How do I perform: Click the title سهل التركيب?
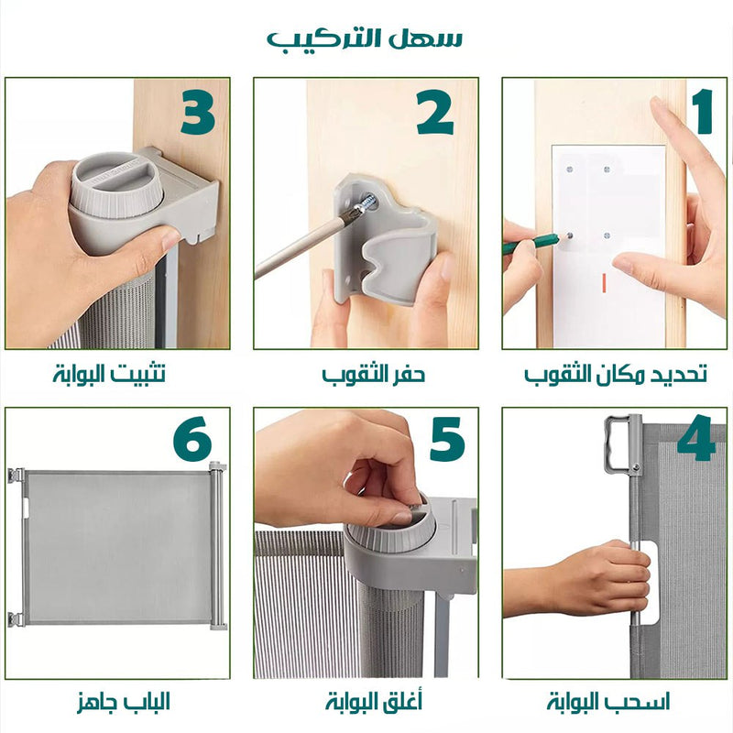click(x=365, y=38)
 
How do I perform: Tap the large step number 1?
click(x=703, y=111)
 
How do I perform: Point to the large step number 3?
click(x=198, y=112)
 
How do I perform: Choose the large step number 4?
click(x=696, y=438)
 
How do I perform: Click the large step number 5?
click(x=447, y=440)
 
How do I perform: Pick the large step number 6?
click(x=192, y=439)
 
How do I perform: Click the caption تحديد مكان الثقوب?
click(x=615, y=375)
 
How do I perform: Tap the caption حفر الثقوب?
click(x=373, y=375)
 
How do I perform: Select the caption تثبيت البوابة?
click(x=109, y=374)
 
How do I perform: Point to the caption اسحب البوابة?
click(x=608, y=702)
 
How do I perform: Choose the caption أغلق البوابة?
click(x=374, y=701)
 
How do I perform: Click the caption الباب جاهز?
click(x=124, y=702)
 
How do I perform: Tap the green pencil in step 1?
click(x=531, y=244)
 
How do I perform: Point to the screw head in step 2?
click(x=367, y=202)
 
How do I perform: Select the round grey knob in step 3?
click(x=117, y=184)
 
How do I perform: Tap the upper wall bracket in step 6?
click(x=16, y=476)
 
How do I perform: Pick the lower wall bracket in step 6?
click(x=16, y=619)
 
